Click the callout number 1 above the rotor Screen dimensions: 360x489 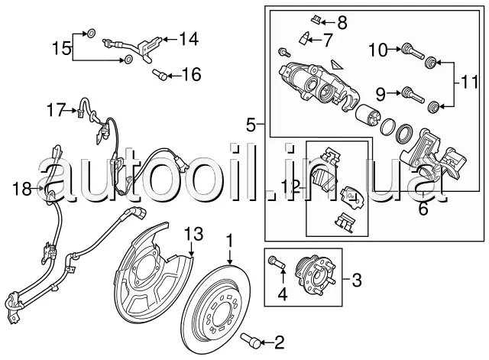tap(228, 240)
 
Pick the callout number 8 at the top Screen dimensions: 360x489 tap(341, 22)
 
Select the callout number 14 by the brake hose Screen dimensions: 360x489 tap(188, 37)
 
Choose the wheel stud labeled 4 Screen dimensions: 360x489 tap(277, 266)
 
